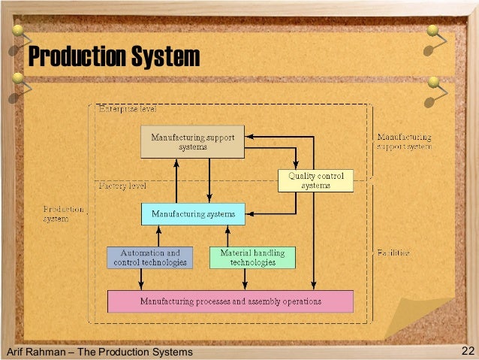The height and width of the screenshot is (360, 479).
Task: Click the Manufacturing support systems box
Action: (x=193, y=142)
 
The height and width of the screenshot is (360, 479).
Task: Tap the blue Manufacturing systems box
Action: (x=193, y=214)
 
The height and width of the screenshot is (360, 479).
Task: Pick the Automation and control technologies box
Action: (x=150, y=258)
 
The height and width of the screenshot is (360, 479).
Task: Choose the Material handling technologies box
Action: (x=252, y=258)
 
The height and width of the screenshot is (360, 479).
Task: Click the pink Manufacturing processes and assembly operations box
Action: (x=230, y=301)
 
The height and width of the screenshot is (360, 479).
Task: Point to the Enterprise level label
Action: (x=128, y=109)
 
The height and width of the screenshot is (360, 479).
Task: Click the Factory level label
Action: (x=123, y=185)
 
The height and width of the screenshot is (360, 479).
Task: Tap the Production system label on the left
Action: (x=63, y=214)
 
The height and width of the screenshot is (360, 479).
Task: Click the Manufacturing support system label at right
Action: (x=404, y=142)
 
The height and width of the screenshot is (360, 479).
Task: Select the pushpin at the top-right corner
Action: (x=433, y=32)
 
